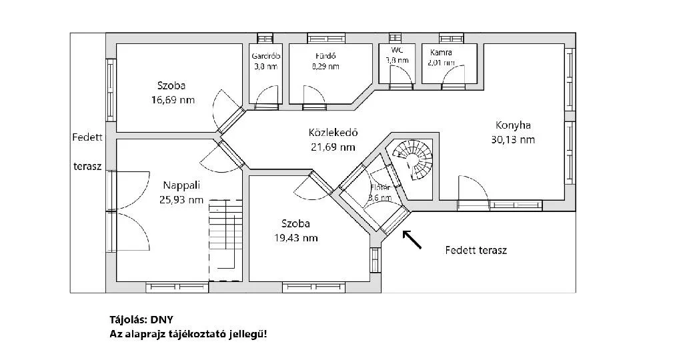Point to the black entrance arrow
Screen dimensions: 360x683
point(412,239)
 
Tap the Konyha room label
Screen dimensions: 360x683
point(512,125)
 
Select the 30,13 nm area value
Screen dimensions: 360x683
point(512,140)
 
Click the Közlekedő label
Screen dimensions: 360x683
point(333,132)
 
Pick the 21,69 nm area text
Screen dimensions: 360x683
point(333,147)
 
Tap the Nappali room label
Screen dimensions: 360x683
point(181,185)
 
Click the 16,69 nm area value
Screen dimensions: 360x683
point(173,100)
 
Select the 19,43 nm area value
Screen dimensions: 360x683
point(295,237)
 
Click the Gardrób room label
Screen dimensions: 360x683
point(265,56)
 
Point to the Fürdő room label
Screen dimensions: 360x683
point(325,56)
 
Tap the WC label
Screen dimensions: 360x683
point(397,50)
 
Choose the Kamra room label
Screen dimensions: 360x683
point(442,52)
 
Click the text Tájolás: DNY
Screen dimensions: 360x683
point(141,319)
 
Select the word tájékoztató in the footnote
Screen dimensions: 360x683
point(202,333)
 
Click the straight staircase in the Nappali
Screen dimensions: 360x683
point(225,240)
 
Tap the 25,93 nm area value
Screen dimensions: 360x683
point(181,199)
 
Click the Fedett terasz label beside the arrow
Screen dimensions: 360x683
point(476,251)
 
